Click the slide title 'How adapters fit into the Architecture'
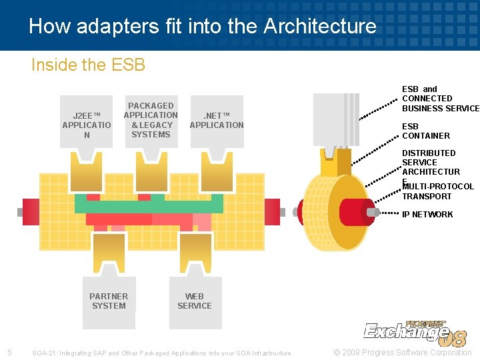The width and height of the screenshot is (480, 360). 203,26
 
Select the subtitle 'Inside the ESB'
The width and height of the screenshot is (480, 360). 88,65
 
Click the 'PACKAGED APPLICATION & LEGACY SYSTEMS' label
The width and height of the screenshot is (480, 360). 151,120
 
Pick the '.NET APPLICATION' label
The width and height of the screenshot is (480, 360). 217,120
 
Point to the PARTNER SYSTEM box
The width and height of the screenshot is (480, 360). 109,301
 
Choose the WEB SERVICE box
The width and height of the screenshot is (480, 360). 195,301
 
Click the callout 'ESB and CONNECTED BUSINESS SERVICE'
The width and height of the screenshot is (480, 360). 439,99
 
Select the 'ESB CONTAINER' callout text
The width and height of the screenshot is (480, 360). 425,131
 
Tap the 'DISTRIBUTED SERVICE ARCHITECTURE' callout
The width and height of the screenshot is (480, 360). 430,163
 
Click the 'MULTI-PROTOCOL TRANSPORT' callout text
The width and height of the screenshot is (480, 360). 437,191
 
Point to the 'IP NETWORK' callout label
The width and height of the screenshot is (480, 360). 427,214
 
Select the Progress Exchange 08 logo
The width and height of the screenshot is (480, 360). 414,332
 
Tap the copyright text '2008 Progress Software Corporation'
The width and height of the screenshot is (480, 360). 402,352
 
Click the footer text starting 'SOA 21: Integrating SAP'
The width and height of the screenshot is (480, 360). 162,353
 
